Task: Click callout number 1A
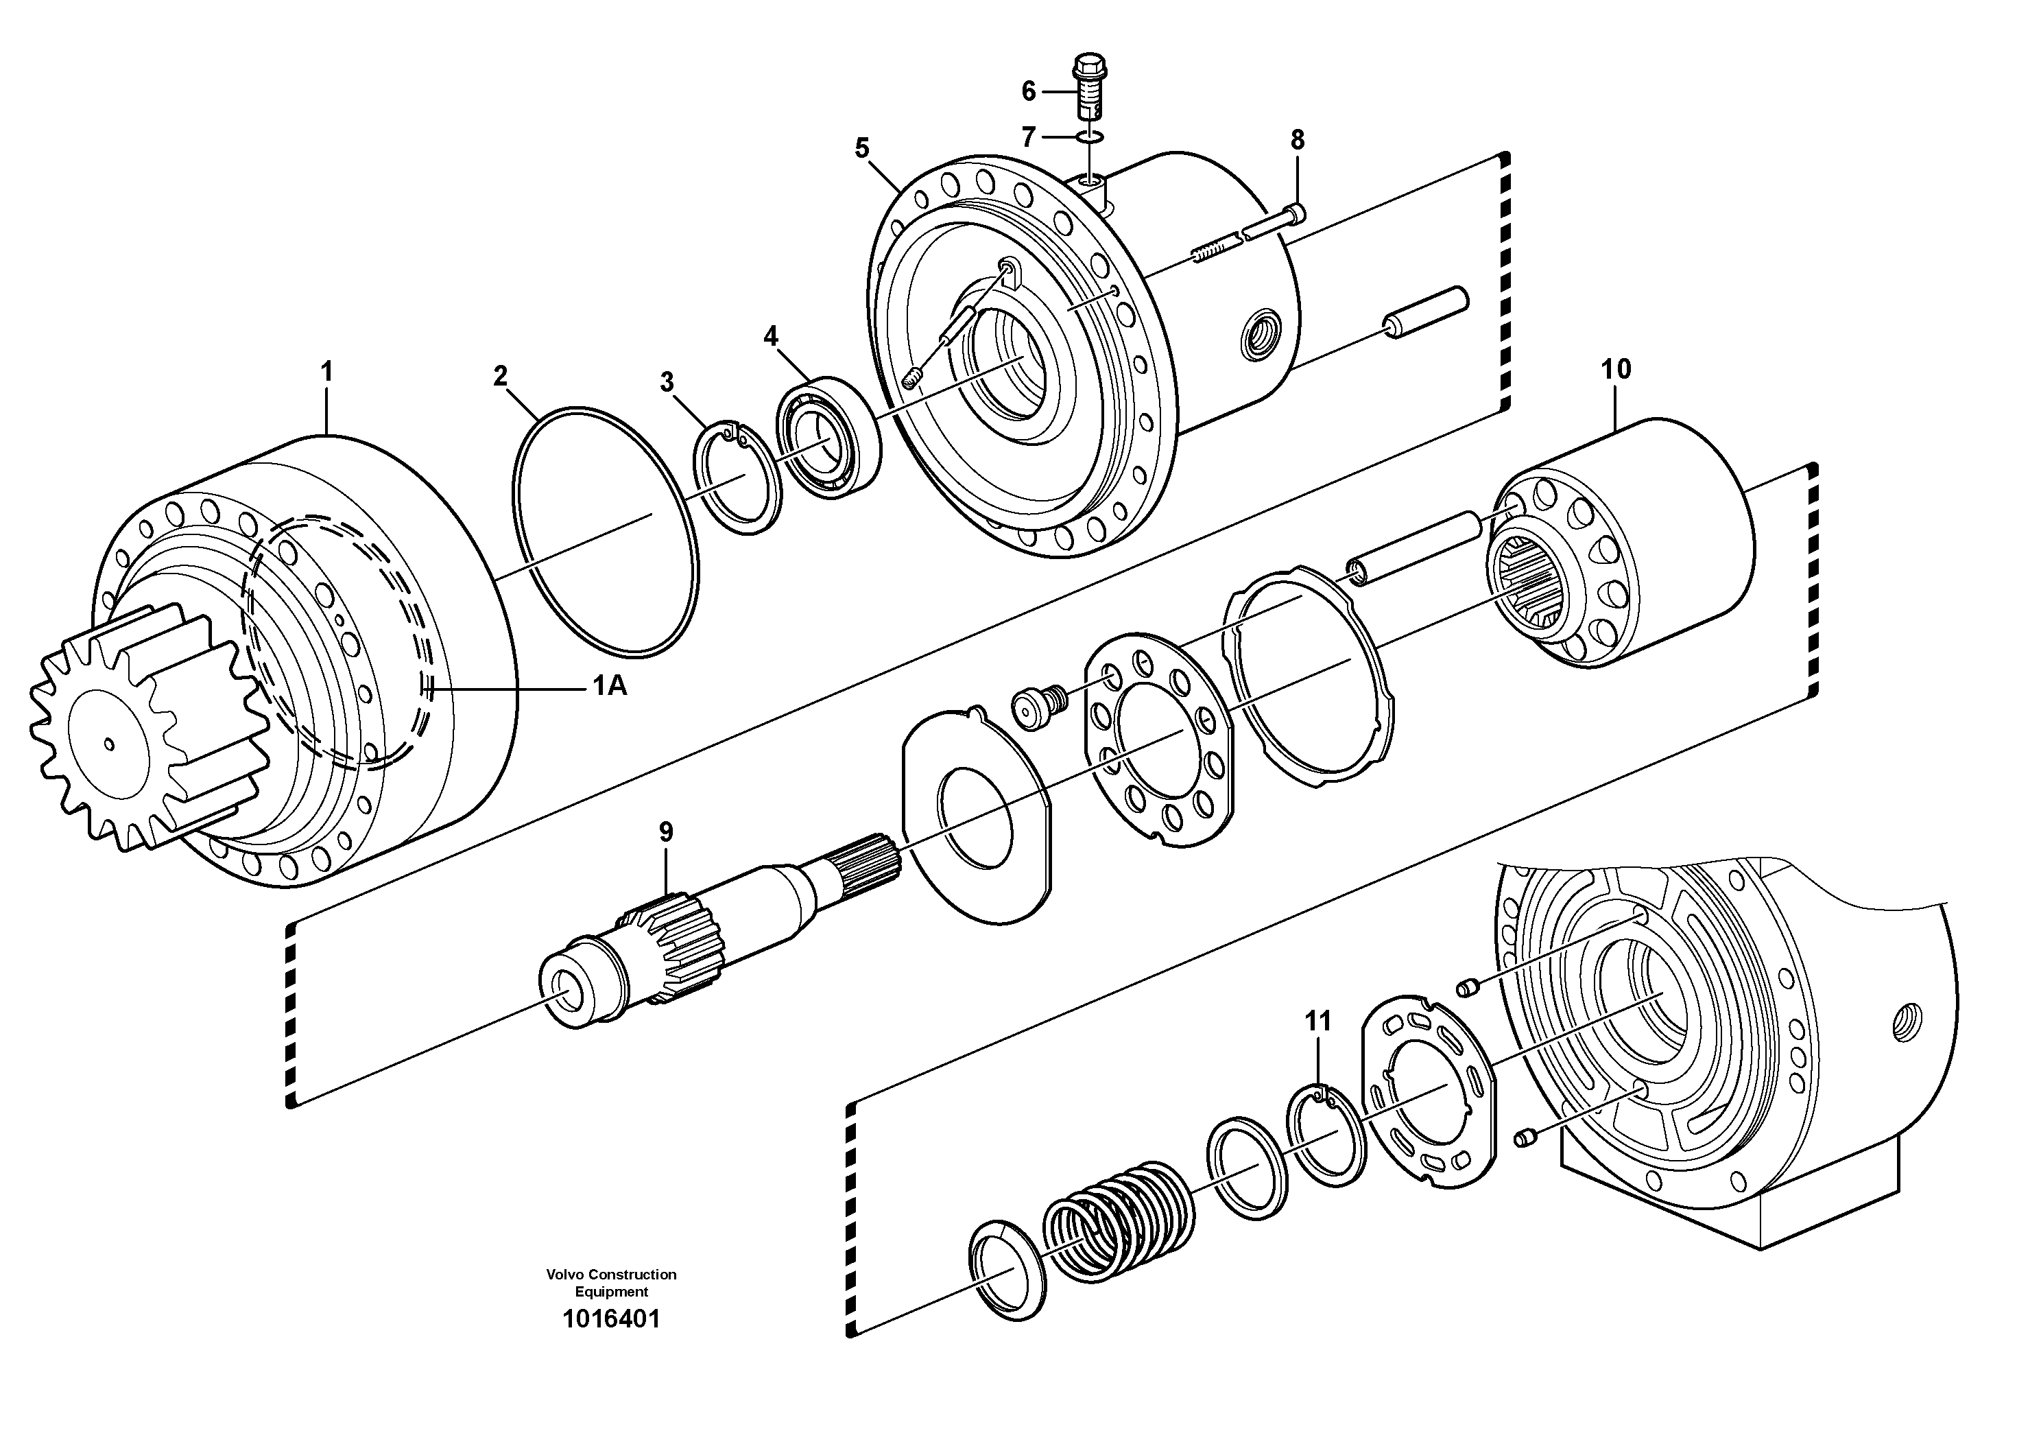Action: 610,685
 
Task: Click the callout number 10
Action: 1615,369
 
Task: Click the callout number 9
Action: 666,832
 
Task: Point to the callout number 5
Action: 861,147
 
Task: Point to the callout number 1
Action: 326,372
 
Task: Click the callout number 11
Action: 1317,1021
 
